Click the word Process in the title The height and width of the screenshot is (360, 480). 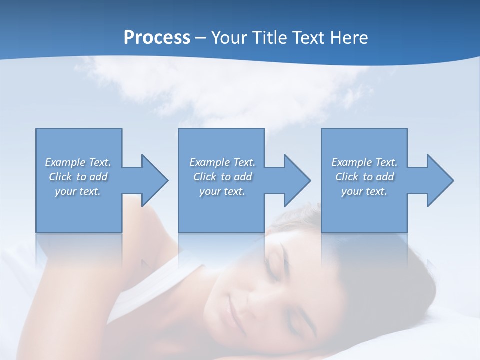157,38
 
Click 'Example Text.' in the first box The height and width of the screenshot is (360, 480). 78,162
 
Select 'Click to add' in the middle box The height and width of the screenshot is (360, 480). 222,177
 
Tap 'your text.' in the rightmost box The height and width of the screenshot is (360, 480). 364,191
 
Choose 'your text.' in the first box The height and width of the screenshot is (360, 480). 78,191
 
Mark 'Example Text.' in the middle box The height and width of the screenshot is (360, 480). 222,162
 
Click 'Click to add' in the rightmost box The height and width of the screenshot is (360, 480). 364,177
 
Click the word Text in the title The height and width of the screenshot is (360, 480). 308,38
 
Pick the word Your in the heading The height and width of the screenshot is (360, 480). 229,38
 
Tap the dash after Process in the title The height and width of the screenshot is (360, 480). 201,38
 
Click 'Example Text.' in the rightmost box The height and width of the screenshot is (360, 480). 364,162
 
